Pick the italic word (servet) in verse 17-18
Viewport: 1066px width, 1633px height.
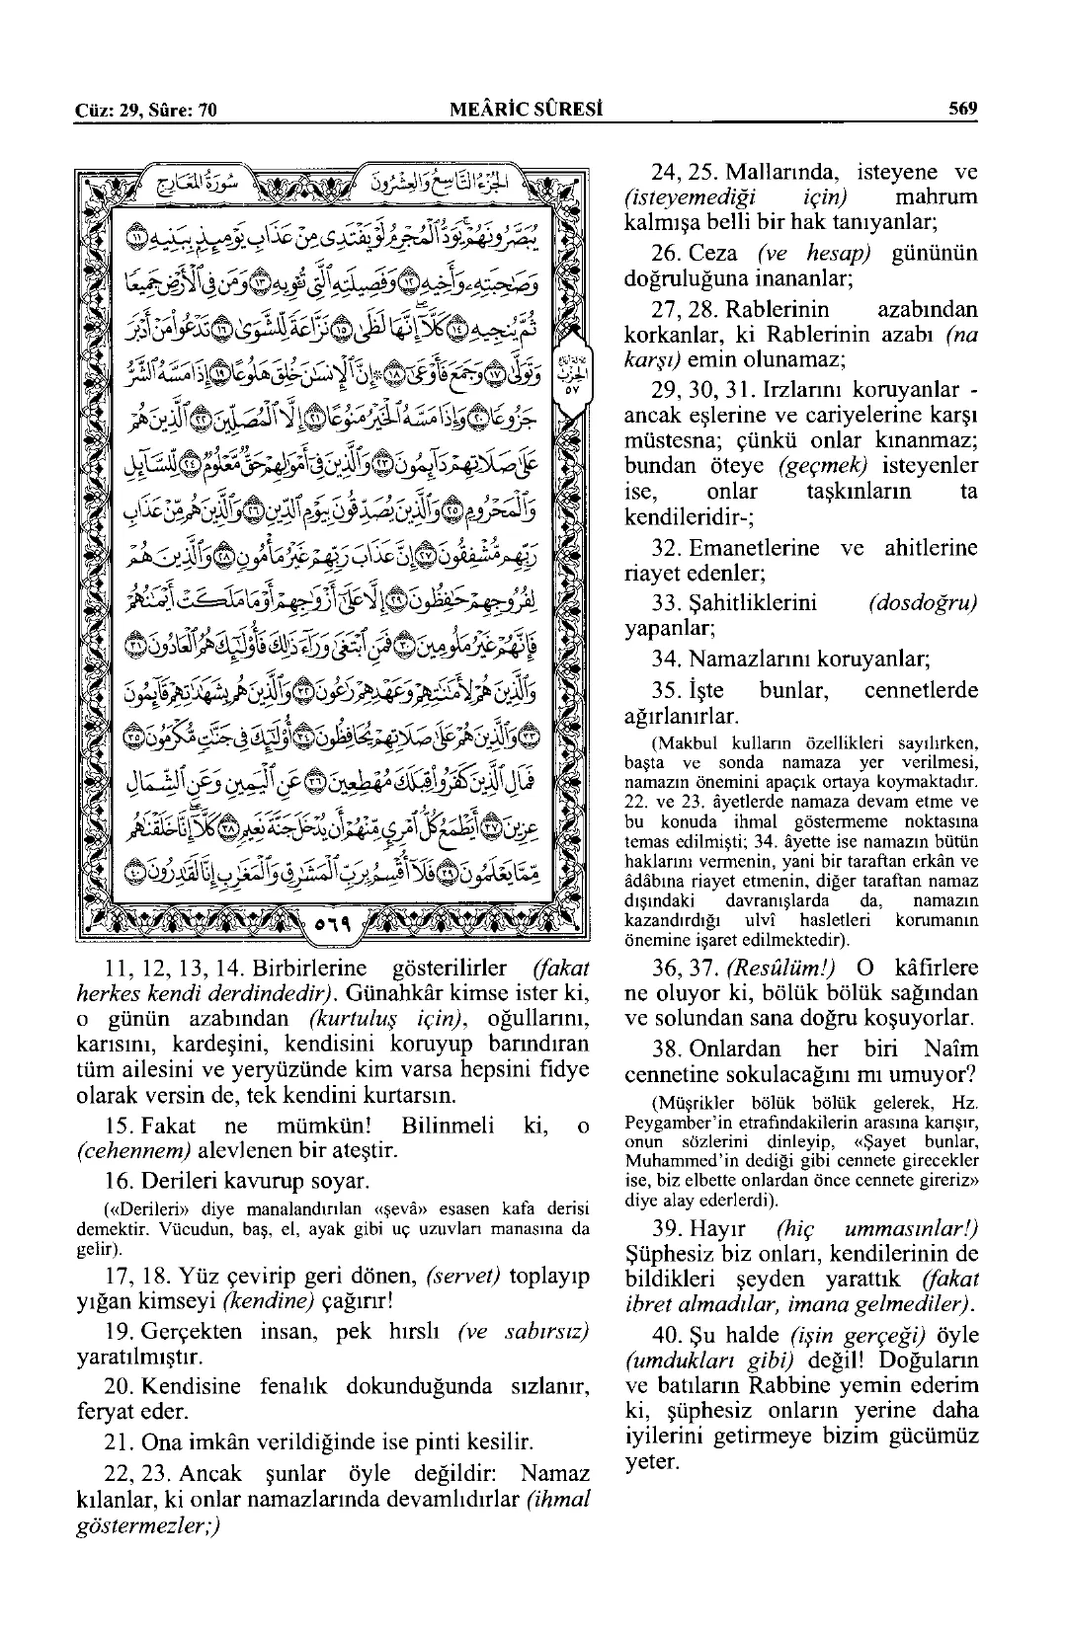tap(462, 1277)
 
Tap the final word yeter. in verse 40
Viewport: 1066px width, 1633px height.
tap(653, 1460)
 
